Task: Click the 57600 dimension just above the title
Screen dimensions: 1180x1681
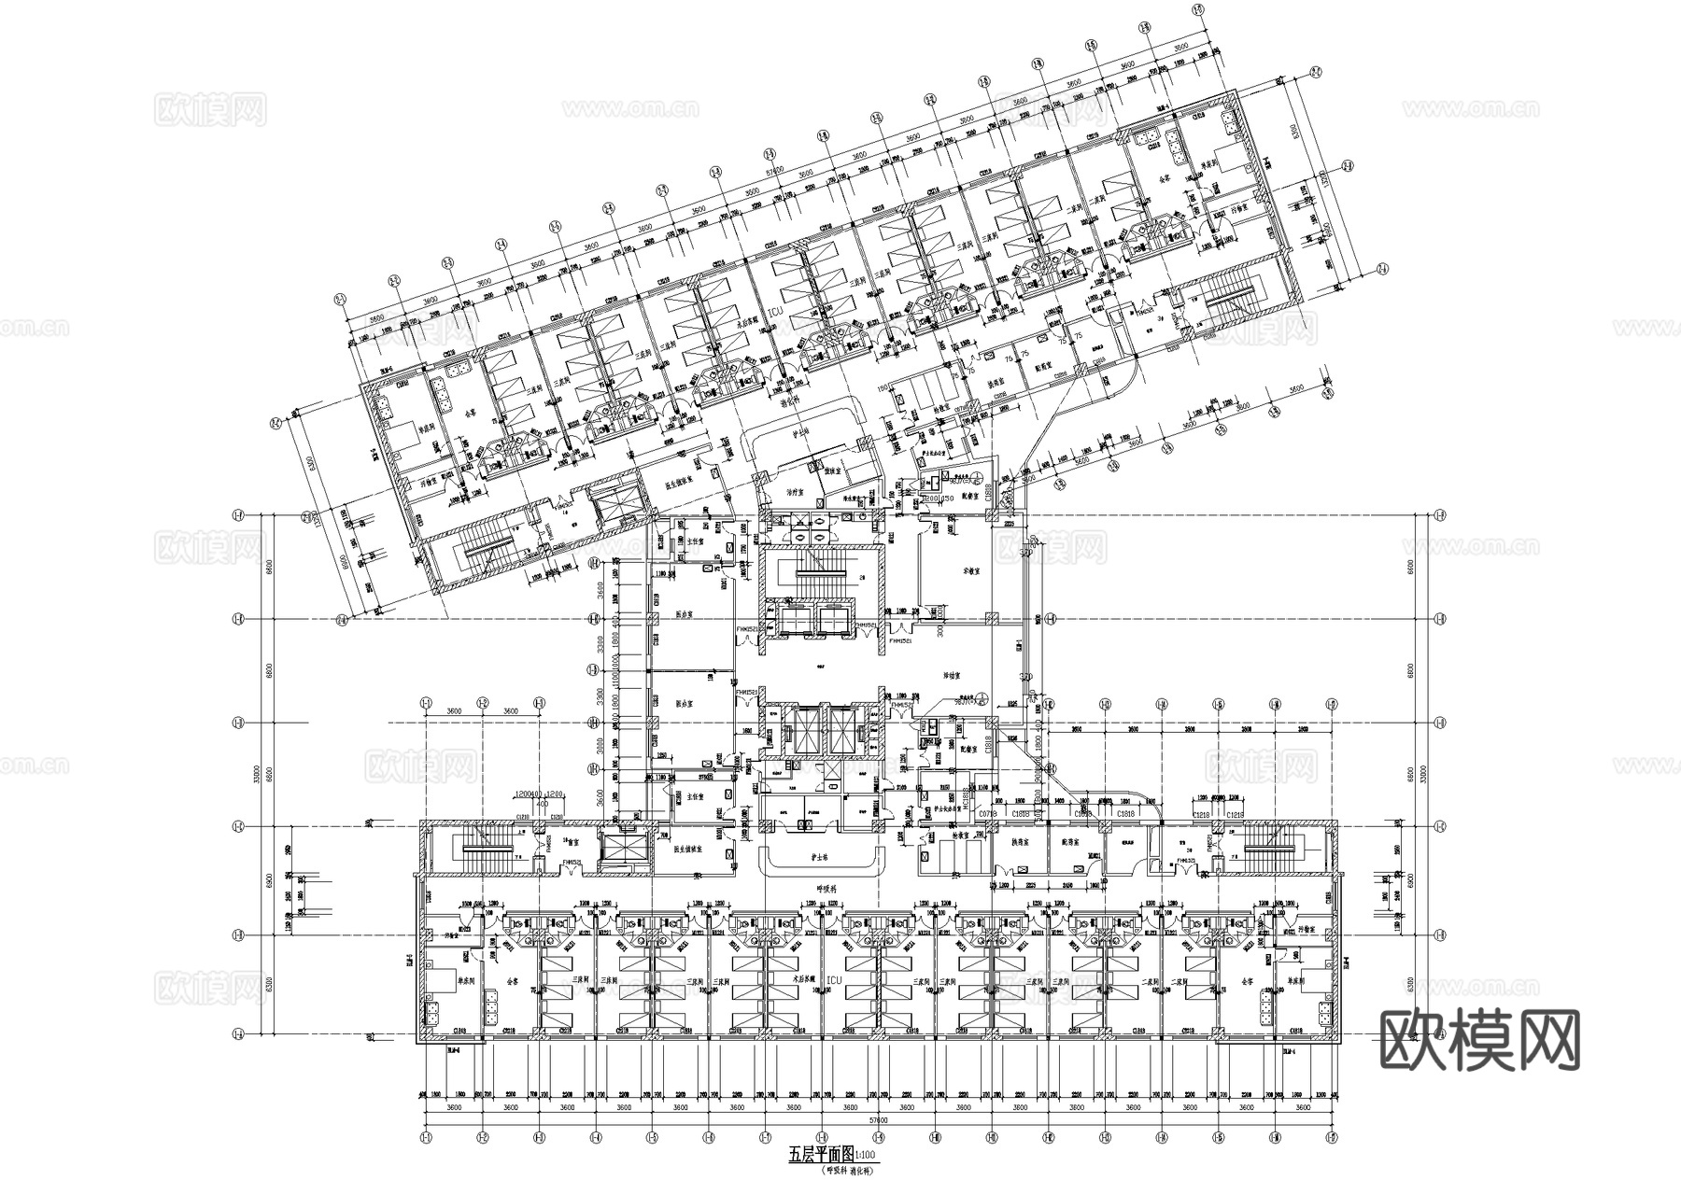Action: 877,1118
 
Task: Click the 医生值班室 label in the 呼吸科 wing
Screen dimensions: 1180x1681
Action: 689,851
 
